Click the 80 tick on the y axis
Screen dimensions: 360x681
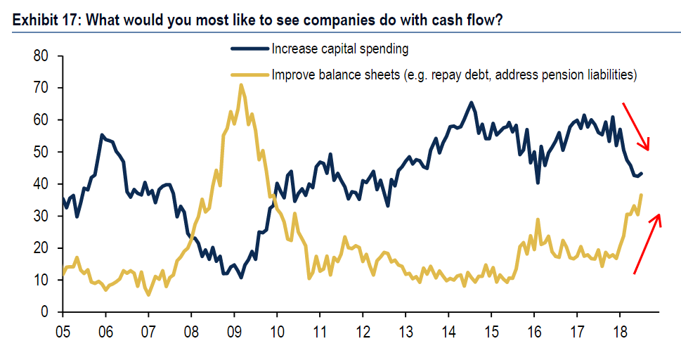pos(40,56)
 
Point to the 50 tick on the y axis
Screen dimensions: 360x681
pos(40,152)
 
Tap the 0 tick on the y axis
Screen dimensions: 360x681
pos(44,311)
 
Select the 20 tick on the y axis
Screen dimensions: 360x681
pos(40,248)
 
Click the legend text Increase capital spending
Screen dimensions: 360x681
pos(340,49)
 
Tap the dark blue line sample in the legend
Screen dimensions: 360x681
pos(249,49)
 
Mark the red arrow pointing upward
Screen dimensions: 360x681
pos(647,243)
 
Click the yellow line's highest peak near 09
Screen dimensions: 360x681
pos(241,85)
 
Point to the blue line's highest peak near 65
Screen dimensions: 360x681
pos(471,103)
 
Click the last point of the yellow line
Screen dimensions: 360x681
pos(641,195)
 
